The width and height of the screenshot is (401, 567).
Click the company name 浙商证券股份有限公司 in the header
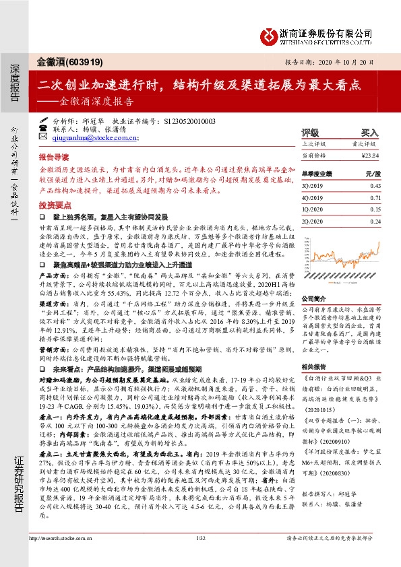(x=326, y=32)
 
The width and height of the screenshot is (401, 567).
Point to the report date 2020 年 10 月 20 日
(x=348, y=61)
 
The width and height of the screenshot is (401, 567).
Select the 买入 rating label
(x=369, y=133)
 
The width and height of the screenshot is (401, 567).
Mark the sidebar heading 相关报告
(x=313, y=366)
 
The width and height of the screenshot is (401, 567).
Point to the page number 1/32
(x=200, y=557)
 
